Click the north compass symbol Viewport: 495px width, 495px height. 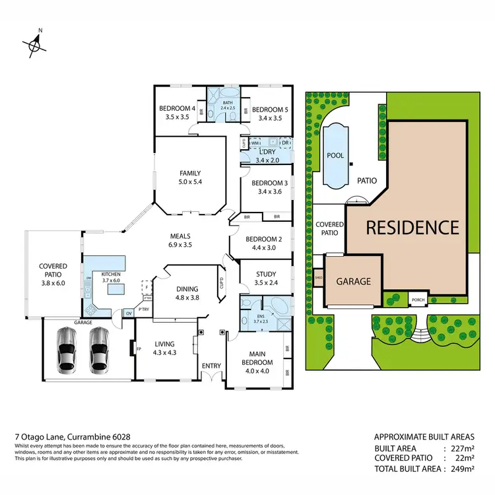pyautogui.click(x=34, y=44)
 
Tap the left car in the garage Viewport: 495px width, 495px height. pyautogui.click(x=68, y=348)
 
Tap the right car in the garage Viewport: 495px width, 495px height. pyautogui.click(x=100, y=348)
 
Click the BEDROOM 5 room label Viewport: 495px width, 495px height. pyautogui.click(x=270, y=110)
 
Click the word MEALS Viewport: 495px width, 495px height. pyautogui.click(x=180, y=236)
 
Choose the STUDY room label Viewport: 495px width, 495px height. pyautogui.click(x=265, y=274)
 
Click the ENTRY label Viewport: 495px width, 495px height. pyautogui.click(x=212, y=365)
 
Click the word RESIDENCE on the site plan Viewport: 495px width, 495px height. pyautogui.click(x=412, y=228)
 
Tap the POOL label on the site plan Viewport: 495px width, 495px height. pyautogui.click(x=336, y=156)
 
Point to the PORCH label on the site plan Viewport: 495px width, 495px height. pyautogui.click(x=418, y=298)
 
